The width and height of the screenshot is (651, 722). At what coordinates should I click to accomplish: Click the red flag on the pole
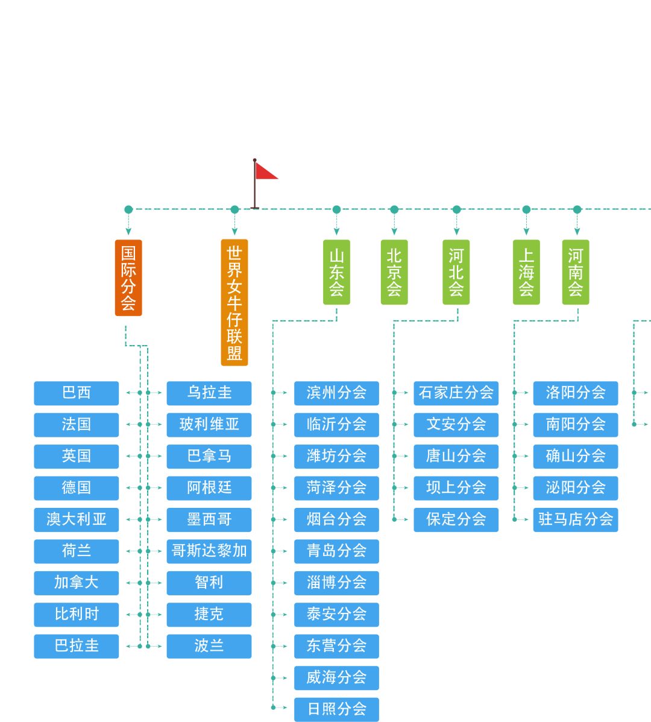[x=265, y=171]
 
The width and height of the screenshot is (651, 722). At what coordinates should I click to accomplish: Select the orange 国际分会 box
[x=128, y=277]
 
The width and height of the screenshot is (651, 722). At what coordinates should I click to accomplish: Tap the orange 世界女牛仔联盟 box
[x=234, y=302]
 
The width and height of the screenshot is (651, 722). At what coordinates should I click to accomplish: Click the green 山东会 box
[x=336, y=272]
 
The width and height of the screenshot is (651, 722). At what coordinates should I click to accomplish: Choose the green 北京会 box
[x=394, y=272]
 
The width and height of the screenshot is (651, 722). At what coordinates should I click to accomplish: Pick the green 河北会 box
[x=456, y=272]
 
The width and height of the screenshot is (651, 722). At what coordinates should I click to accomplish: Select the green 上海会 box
[x=526, y=272]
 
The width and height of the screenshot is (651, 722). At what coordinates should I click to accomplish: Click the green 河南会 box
[x=576, y=272]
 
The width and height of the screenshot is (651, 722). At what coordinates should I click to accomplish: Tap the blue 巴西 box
[x=77, y=393]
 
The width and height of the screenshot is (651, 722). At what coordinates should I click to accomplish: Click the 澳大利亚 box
[x=77, y=519]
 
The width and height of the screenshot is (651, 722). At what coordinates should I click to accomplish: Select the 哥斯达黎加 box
[x=209, y=551]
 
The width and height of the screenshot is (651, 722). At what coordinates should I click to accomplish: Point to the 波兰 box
[x=209, y=646]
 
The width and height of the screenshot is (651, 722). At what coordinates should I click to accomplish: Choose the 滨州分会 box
[x=336, y=393]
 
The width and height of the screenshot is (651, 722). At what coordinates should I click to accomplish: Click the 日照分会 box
[x=336, y=709]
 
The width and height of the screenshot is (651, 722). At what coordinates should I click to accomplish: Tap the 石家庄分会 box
[x=456, y=393]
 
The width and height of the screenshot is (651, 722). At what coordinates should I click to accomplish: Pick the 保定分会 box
[x=456, y=519]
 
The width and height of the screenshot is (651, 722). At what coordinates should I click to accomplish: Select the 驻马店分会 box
[x=576, y=519]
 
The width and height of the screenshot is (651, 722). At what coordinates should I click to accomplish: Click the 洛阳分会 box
[x=576, y=393]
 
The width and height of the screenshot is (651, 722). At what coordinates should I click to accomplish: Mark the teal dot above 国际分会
[x=128, y=210]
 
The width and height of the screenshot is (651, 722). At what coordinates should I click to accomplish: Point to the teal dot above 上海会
[x=526, y=210]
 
